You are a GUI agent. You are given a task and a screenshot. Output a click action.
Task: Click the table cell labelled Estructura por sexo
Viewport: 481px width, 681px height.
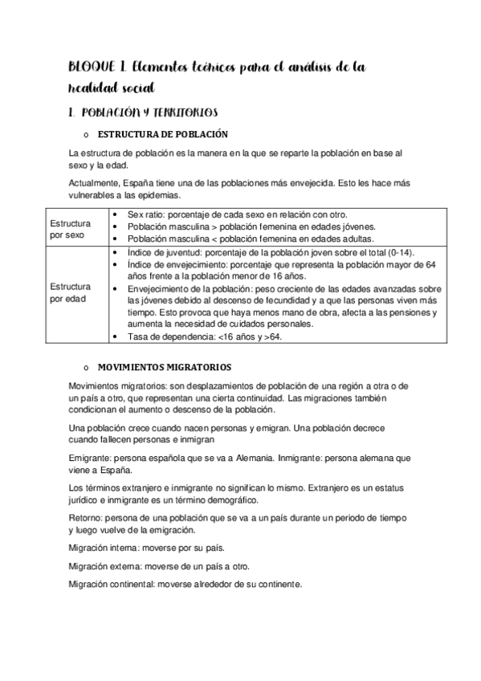pyautogui.click(x=70, y=228)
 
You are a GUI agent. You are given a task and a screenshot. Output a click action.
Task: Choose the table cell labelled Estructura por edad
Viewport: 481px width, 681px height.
pyautogui.click(x=70, y=292)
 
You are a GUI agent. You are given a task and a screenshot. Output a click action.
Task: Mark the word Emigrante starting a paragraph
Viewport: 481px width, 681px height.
pyautogui.click(x=91, y=456)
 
